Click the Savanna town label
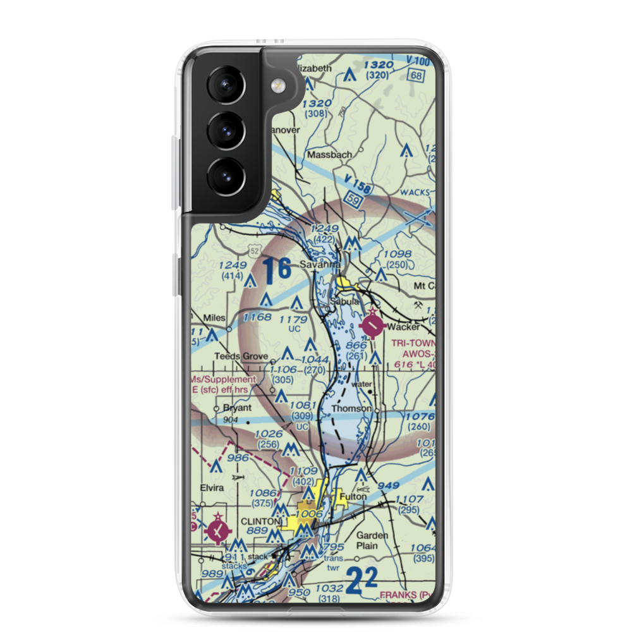(320, 264)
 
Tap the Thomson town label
(351, 409)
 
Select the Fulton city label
(353, 497)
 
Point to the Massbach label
(329, 154)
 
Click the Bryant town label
(237, 408)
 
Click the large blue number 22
(363, 580)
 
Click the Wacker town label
(404, 327)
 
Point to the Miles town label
(214, 317)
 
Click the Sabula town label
(346, 302)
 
